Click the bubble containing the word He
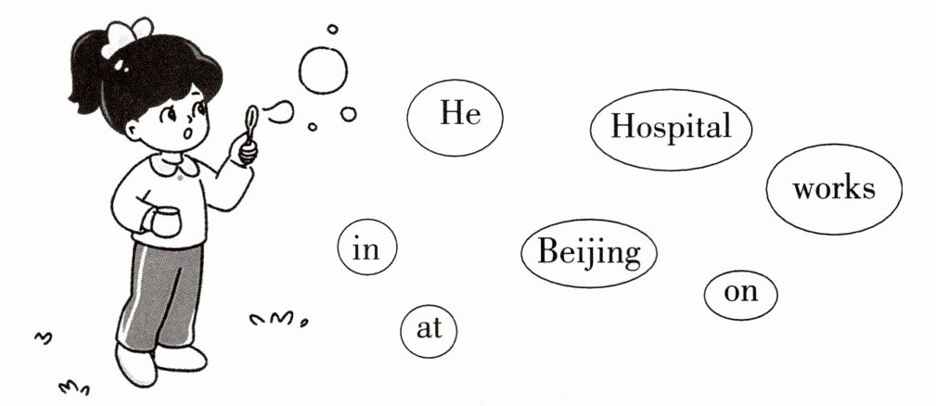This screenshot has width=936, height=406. click(455, 118)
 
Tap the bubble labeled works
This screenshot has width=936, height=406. click(833, 189)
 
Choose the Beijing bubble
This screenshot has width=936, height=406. click(588, 252)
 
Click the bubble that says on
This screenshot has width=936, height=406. click(740, 294)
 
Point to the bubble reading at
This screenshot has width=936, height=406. click(430, 329)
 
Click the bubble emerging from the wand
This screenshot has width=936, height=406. click(278, 112)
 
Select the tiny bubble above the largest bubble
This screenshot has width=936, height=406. click(332, 30)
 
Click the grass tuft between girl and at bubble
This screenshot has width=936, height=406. click(279, 320)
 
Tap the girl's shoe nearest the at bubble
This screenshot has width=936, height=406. click(181, 357)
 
